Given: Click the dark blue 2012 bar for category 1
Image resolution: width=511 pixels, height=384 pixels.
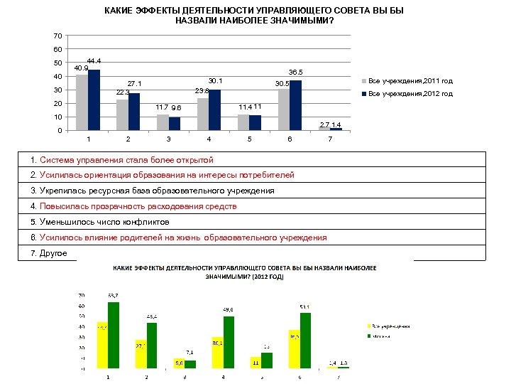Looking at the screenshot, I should [x=94, y=100].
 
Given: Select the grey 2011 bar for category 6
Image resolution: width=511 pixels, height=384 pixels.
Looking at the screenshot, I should [x=284, y=110].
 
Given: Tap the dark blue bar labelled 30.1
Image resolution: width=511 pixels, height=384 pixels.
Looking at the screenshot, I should [x=214, y=110].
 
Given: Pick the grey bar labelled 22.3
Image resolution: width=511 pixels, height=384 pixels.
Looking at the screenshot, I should [x=122, y=115].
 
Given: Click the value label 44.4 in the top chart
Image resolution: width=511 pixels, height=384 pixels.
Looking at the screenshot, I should [x=94, y=61].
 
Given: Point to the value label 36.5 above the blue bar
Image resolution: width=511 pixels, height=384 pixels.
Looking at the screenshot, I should [x=295, y=73].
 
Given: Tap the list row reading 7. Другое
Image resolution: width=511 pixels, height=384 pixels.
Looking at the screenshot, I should [x=49, y=253].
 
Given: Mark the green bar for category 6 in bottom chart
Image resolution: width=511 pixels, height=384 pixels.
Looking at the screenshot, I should [x=305, y=341].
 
